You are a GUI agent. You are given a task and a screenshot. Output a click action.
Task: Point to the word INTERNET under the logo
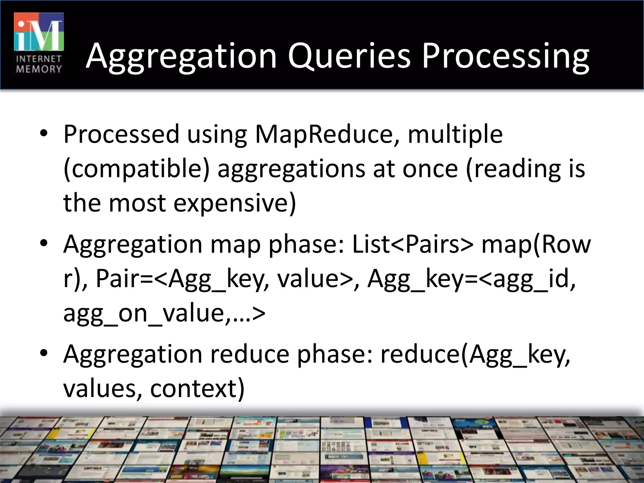click(39, 59)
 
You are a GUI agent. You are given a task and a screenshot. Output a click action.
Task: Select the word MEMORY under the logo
click(39, 69)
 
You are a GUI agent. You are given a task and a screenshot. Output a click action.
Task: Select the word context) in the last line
click(197, 388)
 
